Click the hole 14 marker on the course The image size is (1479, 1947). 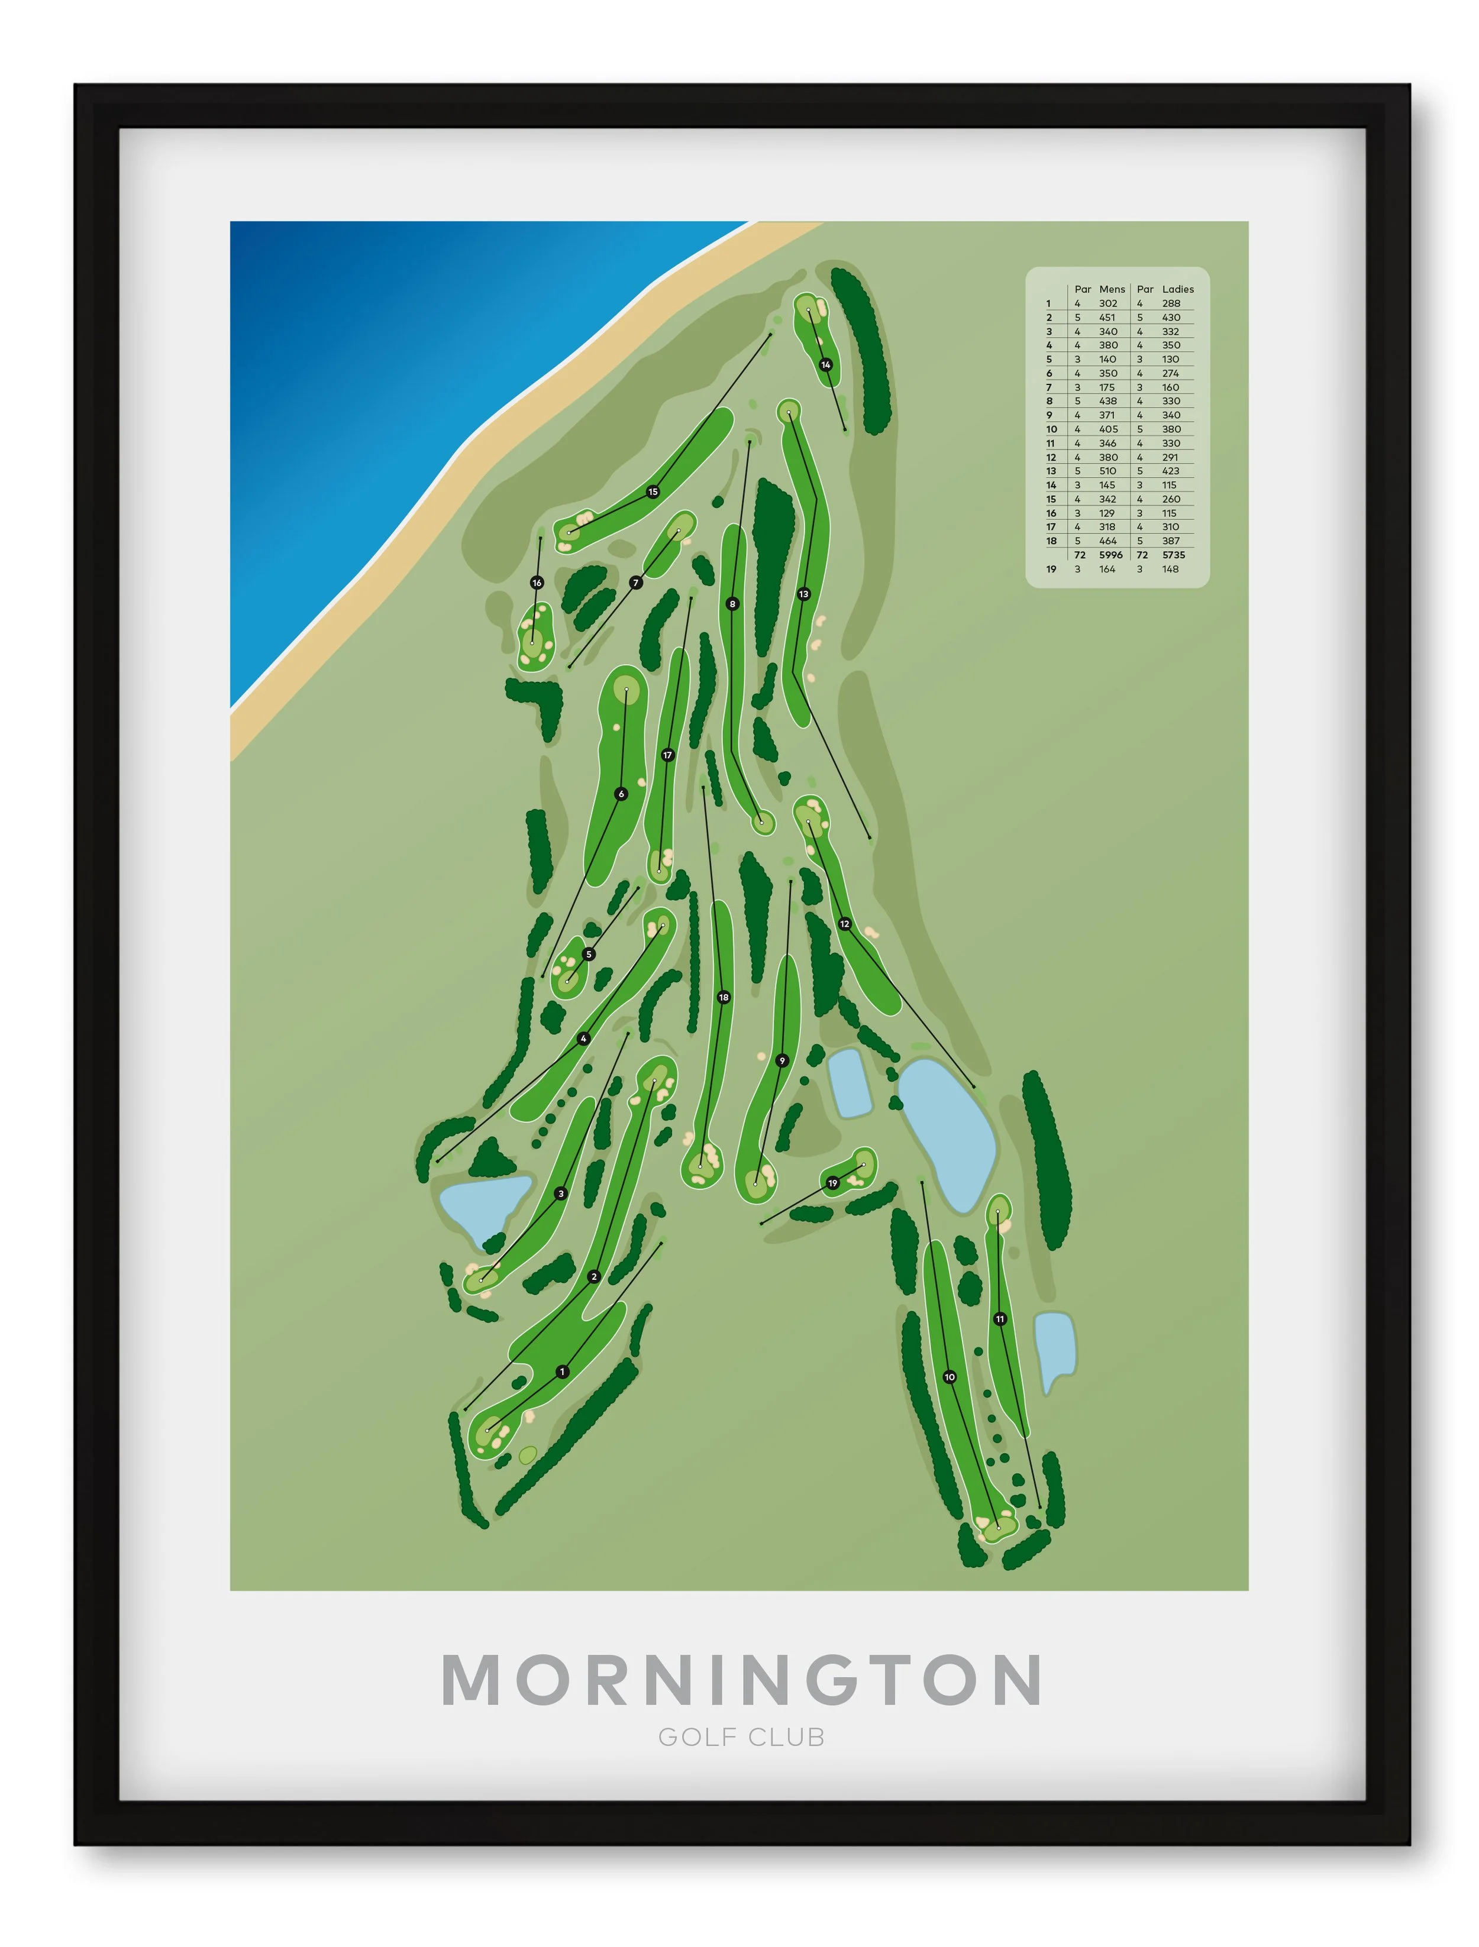[826, 364]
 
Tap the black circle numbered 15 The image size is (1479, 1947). [653, 492]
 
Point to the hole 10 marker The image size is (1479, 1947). [949, 1377]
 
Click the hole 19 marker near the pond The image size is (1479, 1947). [833, 1183]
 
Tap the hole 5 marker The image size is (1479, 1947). [589, 954]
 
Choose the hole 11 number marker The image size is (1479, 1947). [1000, 1318]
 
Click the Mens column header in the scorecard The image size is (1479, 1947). [1112, 289]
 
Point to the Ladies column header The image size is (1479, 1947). [1178, 289]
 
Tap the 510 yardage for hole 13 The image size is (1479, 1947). [1107, 471]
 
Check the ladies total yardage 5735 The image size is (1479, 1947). [1174, 555]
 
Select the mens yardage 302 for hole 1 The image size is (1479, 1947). [1107, 303]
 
